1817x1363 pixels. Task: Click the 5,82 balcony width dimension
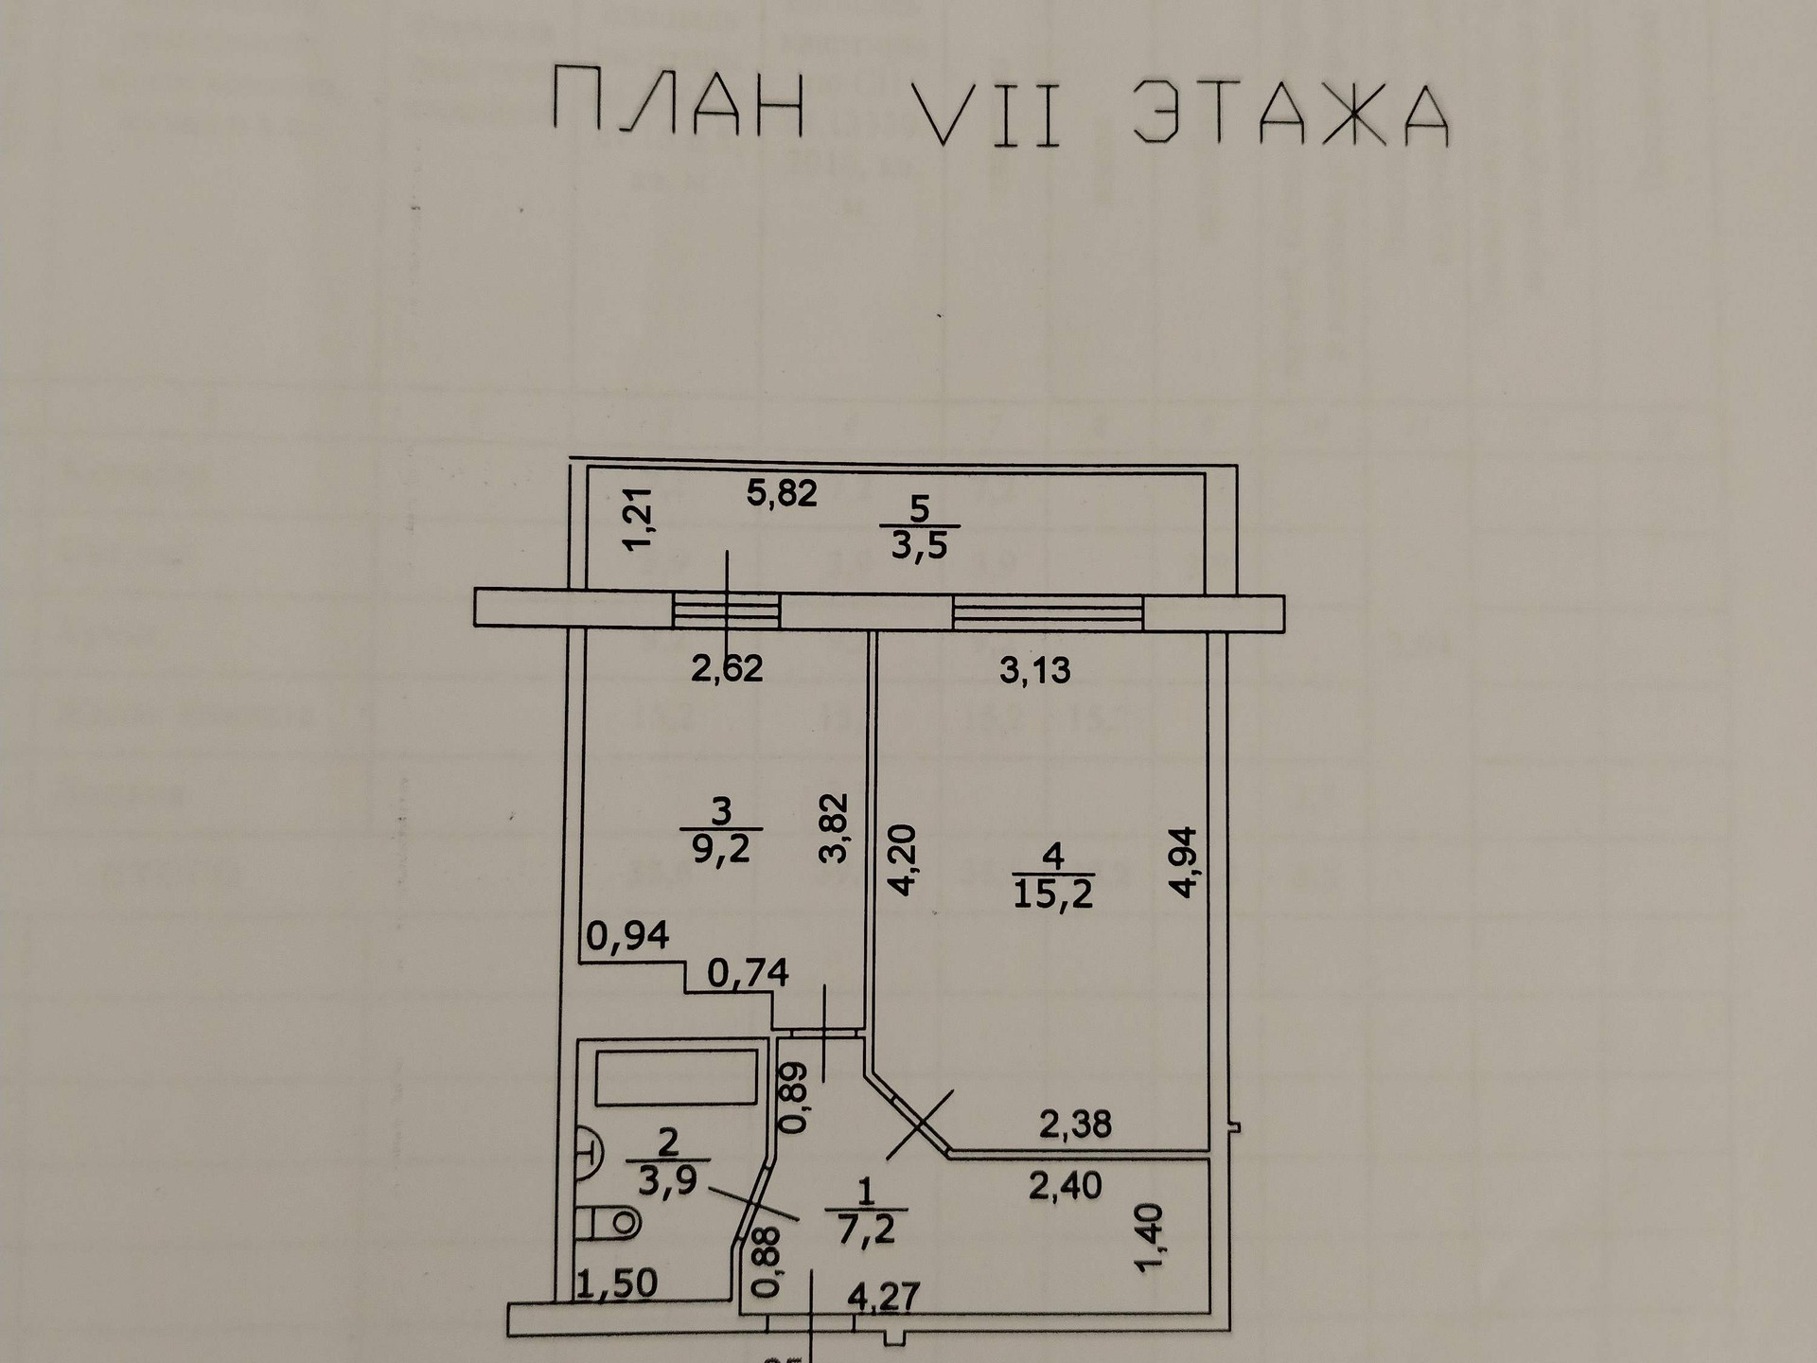782,493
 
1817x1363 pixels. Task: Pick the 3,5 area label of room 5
920,546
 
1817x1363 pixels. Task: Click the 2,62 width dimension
727,669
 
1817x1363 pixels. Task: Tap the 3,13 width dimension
1035,670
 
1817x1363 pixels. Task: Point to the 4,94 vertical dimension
1185,861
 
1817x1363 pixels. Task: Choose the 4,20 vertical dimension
902,859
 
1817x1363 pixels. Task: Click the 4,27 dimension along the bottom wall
883,1296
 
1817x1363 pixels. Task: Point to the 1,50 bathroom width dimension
618,1283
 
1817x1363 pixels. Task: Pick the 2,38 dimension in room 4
1075,1124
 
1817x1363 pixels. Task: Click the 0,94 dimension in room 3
627,936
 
